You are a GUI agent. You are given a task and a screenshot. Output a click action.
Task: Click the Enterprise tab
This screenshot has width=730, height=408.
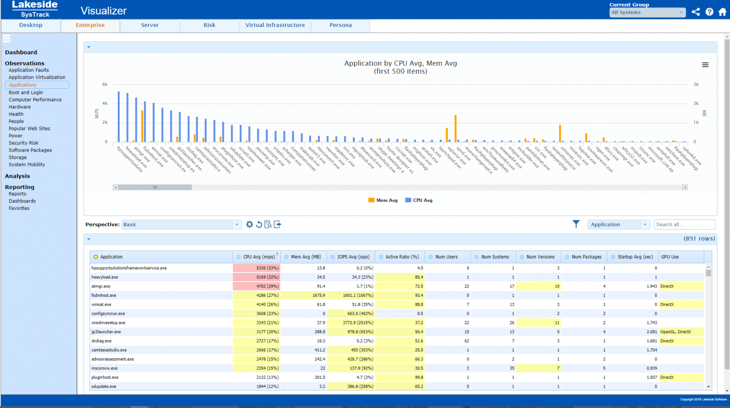coord(90,26)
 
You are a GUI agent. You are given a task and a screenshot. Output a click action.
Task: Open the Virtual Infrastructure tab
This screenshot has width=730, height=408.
coord(275,26)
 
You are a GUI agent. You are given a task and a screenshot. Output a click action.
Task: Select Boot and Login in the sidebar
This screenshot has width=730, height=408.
coord(26,93)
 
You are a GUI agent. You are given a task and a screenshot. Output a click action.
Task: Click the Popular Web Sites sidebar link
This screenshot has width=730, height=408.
coord(29,128)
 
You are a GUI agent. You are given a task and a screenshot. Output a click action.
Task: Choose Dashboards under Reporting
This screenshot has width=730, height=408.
coord(22,201)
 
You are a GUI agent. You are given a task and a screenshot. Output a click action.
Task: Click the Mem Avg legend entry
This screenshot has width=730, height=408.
coord(383,201)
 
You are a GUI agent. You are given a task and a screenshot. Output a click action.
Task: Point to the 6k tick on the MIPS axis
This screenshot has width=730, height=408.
coord(105,85)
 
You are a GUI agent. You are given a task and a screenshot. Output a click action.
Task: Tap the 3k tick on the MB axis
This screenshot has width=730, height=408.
coord(696,85)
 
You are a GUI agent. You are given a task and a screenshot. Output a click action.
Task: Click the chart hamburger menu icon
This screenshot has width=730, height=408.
coord(705,65)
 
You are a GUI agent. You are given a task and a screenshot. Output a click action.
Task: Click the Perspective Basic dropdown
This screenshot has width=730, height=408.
coord(181,225)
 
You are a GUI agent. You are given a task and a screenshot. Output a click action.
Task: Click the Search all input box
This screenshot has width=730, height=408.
coord(684,225)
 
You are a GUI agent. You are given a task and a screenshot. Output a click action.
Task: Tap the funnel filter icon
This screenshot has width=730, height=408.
coord(576,224)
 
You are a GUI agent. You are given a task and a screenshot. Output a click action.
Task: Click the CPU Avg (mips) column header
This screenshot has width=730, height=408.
coord(259,257)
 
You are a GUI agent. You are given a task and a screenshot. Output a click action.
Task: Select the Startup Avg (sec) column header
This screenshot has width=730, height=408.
coord(635,257)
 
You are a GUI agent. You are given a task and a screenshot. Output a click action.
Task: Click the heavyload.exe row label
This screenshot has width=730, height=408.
coord(105,277)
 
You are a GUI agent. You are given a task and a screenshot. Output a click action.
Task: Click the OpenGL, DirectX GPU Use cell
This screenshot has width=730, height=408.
coord(676,332)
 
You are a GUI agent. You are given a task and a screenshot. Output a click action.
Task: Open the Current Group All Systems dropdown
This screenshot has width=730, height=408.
coord(647,13)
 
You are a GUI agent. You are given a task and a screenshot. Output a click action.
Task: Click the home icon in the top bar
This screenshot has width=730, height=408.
coord(722,12)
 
